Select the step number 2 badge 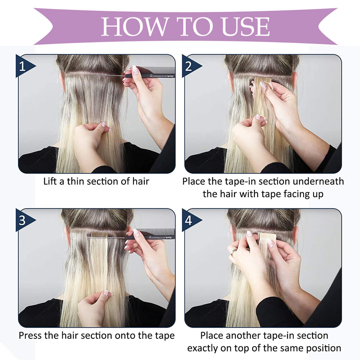[192, 66]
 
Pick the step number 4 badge [192, 220]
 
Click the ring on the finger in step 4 [233, 252]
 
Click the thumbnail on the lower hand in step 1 [104, 125]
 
